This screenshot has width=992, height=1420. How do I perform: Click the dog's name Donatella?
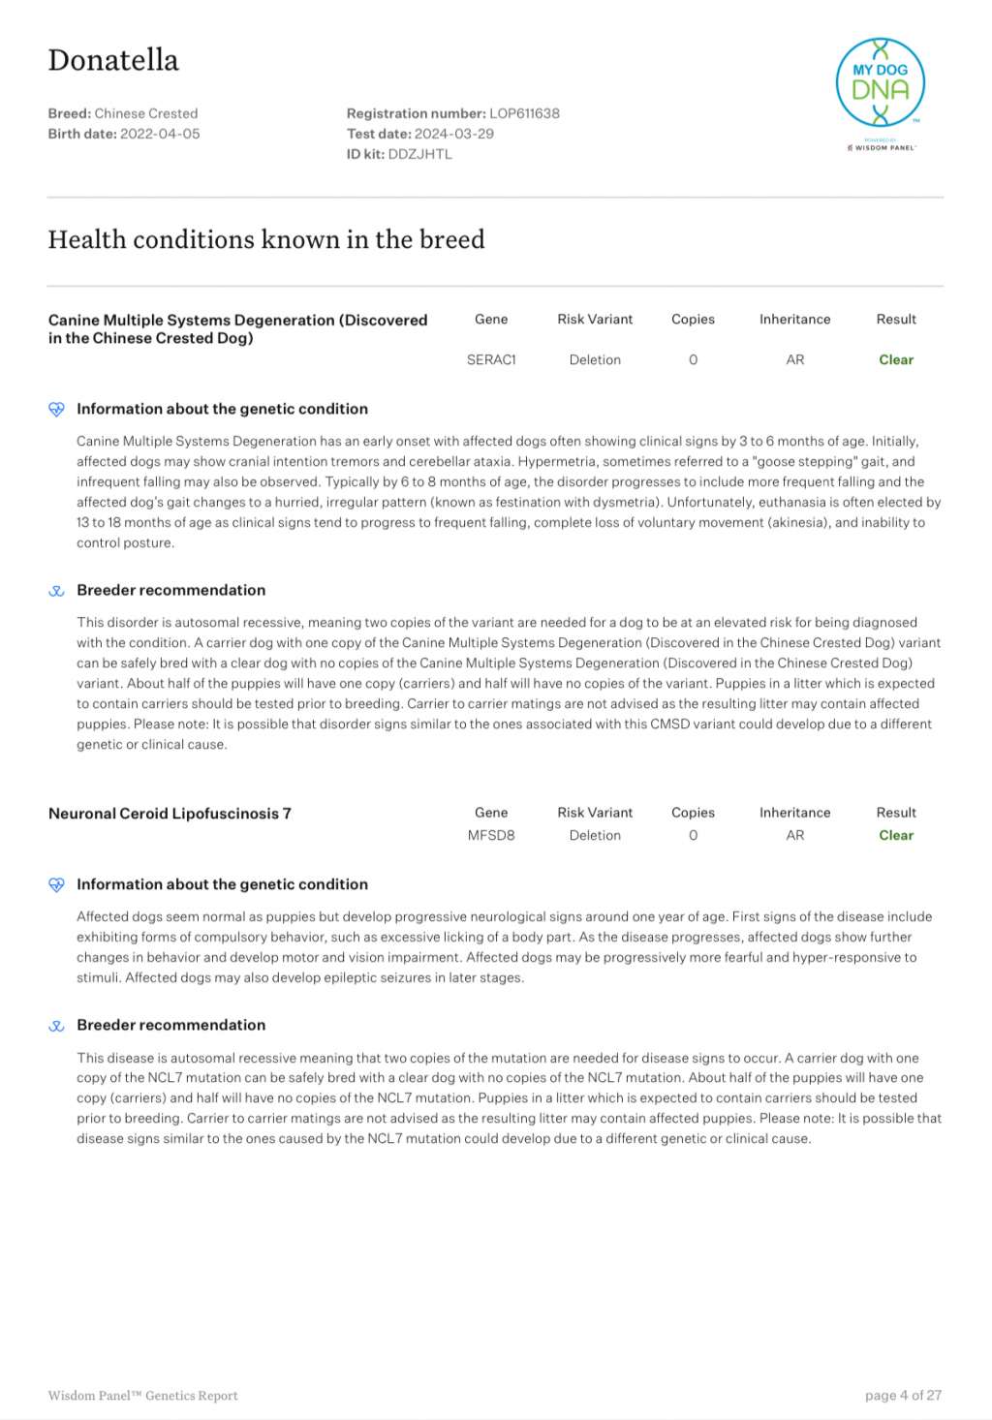[113, 60]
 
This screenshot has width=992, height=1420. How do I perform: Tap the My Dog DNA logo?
[880, 85]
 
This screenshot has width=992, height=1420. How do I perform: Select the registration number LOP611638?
[524, 113]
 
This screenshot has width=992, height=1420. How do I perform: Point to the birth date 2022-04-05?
[160, 134]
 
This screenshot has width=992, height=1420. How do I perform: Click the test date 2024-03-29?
[453, 134]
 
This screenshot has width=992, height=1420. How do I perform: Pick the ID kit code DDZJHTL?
[419, 154]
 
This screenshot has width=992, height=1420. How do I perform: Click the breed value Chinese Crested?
[146, 113]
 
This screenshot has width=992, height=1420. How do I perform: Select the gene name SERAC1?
[491, 359]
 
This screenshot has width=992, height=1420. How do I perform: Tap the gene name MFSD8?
[491, 835]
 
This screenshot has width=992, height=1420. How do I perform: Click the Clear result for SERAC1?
[896, 359]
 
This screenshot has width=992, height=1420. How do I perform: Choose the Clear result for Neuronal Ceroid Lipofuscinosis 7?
[896, 835]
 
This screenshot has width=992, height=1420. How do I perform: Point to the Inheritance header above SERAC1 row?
[794, 319]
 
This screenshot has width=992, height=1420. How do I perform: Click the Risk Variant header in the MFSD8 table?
[595, 813]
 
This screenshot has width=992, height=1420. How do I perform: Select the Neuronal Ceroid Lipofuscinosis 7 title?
[170, 814]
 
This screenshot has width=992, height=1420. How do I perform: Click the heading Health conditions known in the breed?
[266, 239]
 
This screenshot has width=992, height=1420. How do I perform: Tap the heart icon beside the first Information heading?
[56, 409]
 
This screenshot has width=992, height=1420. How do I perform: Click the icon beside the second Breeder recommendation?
[56, 1026]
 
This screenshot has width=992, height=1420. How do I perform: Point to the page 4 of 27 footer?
[903, 1395]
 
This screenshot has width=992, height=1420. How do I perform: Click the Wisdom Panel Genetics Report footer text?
[142, 1396]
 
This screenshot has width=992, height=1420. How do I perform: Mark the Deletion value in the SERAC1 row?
[595, 359]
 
